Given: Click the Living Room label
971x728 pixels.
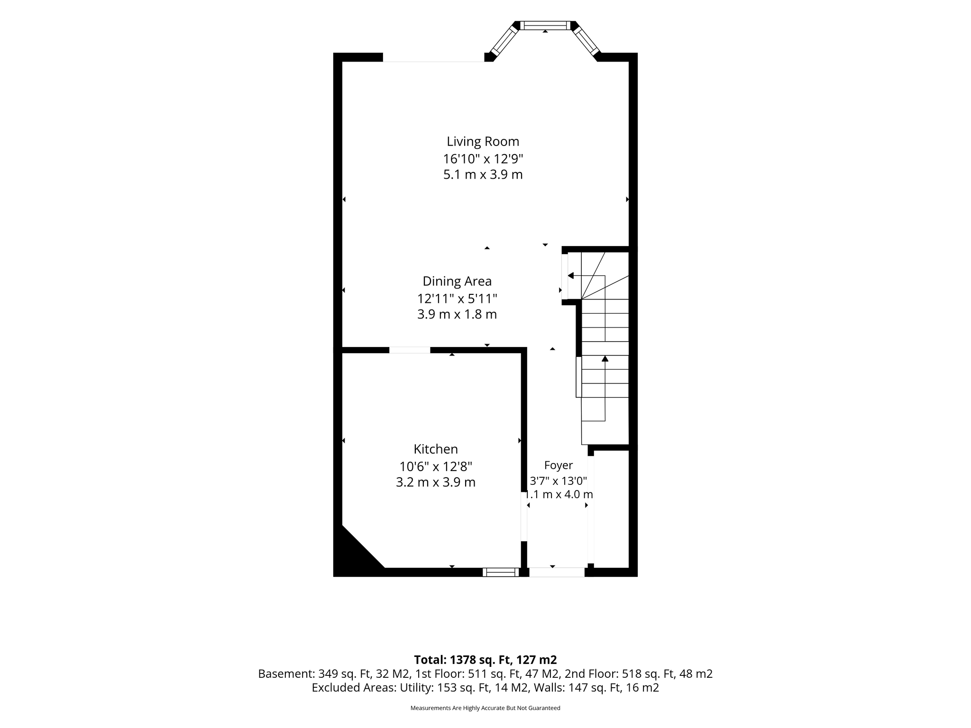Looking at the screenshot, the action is coord(483,141).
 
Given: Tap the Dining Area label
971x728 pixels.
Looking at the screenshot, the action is coord(457,282).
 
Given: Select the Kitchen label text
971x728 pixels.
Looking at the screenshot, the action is coord(436,449).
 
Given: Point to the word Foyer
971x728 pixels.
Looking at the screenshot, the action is coord(558,465).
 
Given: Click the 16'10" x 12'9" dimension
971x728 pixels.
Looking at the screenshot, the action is coord(483,158).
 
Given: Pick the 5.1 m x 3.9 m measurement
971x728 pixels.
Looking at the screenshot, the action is coord(483,175).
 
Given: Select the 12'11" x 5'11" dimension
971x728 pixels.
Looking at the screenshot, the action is coord(457,299).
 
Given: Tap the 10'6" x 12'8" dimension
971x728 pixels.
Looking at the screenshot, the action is coord(436,466).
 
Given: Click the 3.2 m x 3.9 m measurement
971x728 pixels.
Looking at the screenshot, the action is coord(436,482).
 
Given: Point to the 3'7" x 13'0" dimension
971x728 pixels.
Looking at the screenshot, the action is coord(558,481).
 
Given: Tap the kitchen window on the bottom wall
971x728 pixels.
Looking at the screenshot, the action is coord(501,572).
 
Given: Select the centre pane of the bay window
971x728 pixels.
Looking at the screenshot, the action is coord(545,26).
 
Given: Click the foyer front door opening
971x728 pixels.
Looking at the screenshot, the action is coord(557,572).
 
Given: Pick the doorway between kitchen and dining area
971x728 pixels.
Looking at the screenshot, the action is coord(410,350).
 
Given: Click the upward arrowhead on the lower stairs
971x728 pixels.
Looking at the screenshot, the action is coord(605,358).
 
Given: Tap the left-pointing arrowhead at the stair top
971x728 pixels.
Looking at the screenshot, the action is coord(571,275).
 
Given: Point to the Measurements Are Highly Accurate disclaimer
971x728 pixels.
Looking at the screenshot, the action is coord(485,708).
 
